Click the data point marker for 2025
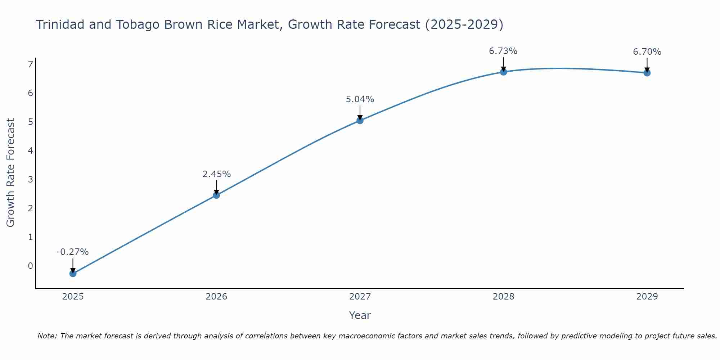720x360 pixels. click(73, 274)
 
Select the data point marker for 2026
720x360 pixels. click(216, 195)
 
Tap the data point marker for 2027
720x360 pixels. click(360, 121)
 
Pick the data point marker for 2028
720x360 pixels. click(504, 72)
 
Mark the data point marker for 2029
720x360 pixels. click(647, 73)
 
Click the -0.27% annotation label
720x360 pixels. click(73, 252)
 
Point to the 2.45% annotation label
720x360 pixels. click(216, 174)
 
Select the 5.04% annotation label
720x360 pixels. click(360, 99)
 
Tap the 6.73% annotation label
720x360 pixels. click(503, 51)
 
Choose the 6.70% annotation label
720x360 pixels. click(647, 52)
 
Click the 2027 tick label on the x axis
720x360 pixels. click(360, 297)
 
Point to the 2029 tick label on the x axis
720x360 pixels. click(647, 297)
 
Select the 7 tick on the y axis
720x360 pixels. click(31, 64)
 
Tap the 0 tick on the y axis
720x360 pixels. click(31, 266)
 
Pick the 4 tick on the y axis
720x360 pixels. click(31, 151)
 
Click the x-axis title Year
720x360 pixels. click(360, 315)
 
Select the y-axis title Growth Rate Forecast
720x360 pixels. click(11, 173)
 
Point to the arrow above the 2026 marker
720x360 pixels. click(216, 186)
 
